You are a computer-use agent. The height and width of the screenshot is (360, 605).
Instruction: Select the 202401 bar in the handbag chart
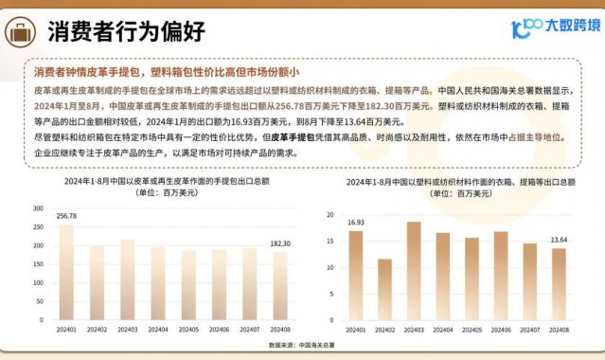point(66,274)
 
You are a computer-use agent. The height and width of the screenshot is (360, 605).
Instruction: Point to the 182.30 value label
point(280,244)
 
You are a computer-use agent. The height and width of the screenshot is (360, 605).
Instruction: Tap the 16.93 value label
point(355,223)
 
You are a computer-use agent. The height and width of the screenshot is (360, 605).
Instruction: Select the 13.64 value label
point(560,241)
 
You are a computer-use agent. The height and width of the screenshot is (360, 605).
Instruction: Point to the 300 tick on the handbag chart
point(39,207)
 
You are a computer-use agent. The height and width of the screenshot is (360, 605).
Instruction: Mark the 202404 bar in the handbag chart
point(158,285)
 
